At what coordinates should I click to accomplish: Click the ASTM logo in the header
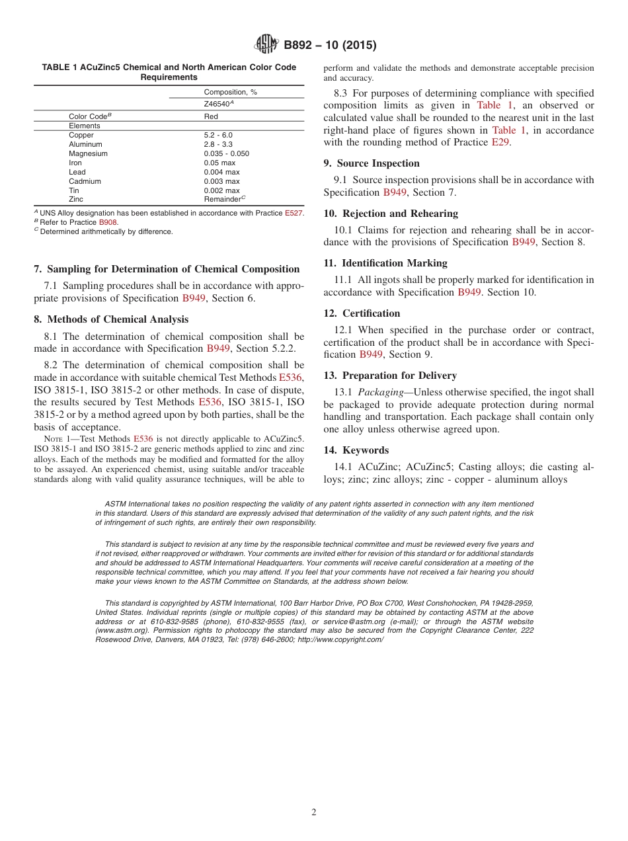click(x=266, y=45)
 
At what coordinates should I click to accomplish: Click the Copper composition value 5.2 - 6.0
click(x=218, y=135)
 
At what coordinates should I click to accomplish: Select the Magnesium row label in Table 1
click(x=88, y=153)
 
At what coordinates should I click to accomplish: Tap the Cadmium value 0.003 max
click(x=221, y=181)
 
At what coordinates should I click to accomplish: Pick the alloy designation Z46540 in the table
click(x=219, y=103)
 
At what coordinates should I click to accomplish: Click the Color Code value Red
click(x=211, y=116)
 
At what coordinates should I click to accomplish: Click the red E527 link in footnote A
click(x=294, y=213)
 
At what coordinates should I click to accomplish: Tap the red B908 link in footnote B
click(x=108, y=222)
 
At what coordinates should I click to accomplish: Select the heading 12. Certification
click(x=362, y=313)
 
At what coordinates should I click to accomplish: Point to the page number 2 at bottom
click(x=314, y=813)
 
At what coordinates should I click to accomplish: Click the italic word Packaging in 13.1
click(x=380, y=393)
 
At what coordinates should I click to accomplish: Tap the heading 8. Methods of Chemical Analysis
click(x=111, y=319)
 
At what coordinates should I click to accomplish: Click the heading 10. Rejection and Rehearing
click(x=391, y=214)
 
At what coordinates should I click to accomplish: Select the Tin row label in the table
click(x=74, y=190)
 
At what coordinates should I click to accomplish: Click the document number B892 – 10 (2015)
click(x=330, y=46)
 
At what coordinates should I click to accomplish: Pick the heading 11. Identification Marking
click(x=385, y=263)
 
